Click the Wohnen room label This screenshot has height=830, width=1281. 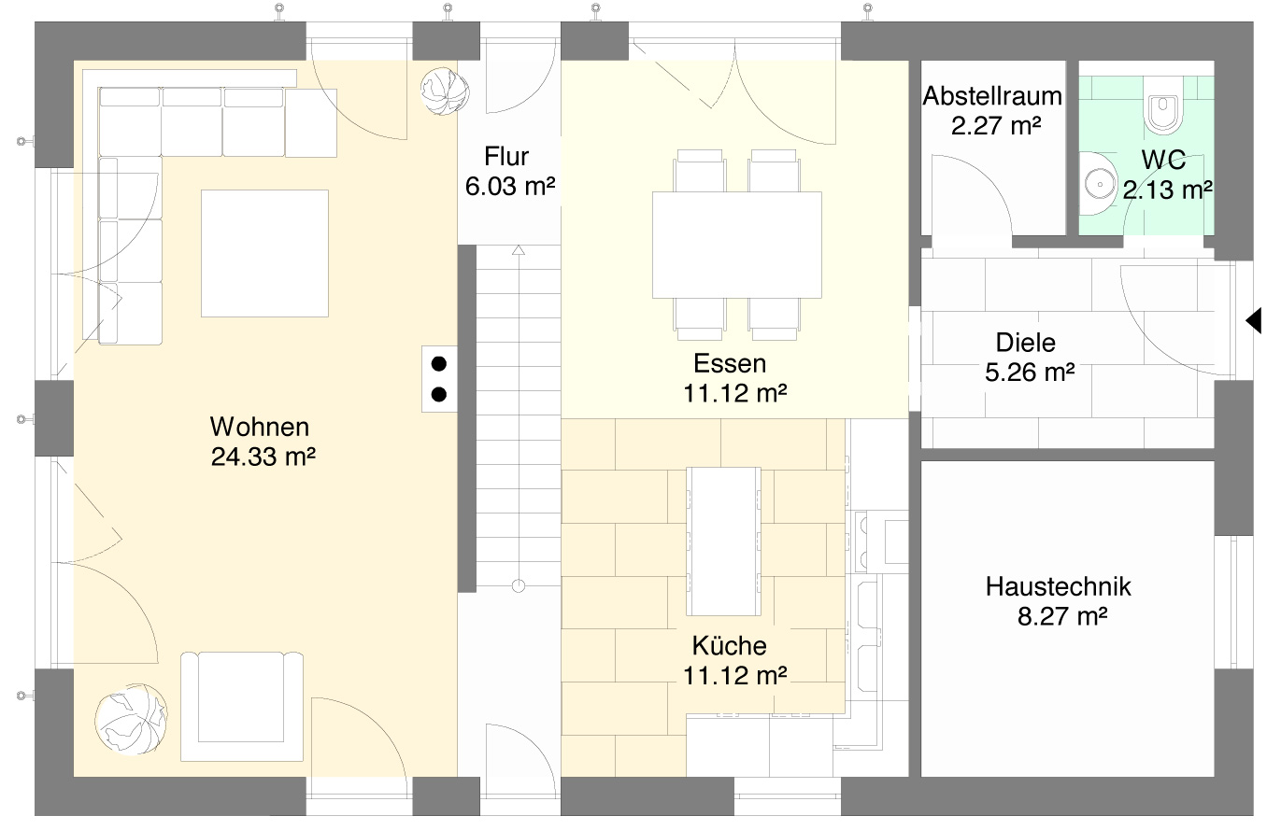click(259, 428)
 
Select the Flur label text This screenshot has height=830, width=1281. click(506, 156)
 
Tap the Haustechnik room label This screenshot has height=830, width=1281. click(1058, 587)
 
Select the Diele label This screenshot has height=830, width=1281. click(1025, 343)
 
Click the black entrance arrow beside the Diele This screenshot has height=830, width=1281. click(1253, 320)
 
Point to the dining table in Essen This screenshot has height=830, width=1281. click(736, 244)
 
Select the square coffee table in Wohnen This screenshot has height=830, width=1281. click(264, 253)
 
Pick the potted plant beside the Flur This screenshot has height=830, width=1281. click(444, 91)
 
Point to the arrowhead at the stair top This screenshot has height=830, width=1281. click(518, 250)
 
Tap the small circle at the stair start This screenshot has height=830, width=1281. click(519, 585)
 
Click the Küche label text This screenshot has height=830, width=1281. click(729, 646)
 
